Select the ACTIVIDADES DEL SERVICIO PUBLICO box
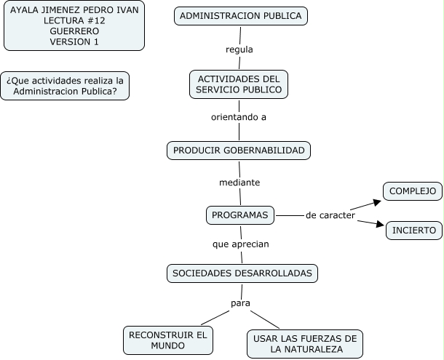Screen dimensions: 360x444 (238, 84)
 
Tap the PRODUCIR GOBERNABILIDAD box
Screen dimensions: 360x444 (239, 151)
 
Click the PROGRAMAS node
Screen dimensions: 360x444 (240, 215)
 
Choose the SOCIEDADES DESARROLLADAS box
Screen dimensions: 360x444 (242, 273)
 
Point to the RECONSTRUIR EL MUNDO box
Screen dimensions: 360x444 (168, 340)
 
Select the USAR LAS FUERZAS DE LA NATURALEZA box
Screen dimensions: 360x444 (304, 343)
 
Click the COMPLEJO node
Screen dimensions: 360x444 (413, 191)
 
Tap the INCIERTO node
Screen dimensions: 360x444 (413, 231)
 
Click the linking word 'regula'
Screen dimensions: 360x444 (239, 49)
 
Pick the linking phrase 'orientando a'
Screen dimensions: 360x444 (239, 116)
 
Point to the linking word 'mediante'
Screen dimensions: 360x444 (239, 182)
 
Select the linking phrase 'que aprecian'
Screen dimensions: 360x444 (241, 244)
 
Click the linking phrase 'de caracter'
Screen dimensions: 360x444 (330, 215)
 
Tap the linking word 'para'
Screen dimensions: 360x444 (240, 302)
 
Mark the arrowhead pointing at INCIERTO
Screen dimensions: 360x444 (378, 225)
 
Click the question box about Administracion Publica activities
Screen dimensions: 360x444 (65, 86)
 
